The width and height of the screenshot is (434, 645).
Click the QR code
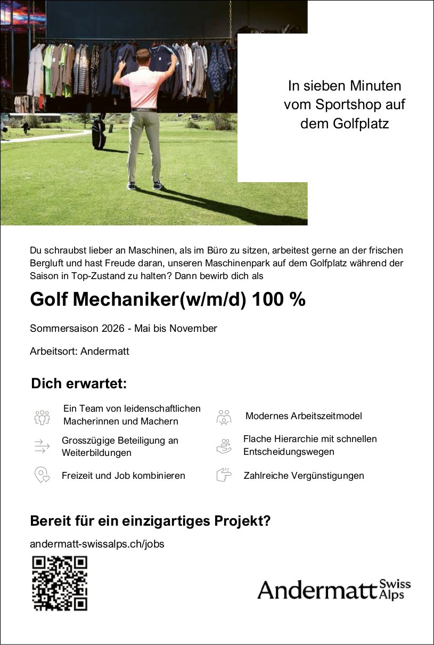(x=60, y=583)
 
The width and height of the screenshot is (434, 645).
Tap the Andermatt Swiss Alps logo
(x=334, y=590)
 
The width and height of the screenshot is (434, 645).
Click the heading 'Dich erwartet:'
(x=79, y=383)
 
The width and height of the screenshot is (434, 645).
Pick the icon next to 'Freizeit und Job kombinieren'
(x=42, y=475)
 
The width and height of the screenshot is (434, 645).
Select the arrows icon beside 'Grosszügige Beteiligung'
(x=42, y=446)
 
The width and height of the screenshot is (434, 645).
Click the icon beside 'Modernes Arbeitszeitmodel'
(x=224, y=417)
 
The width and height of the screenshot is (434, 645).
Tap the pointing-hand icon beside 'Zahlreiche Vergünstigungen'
(x=224, y=475)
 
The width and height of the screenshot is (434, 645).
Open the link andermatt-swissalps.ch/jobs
(x=97, y=544)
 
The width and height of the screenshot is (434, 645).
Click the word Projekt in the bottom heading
(x=236, y=520)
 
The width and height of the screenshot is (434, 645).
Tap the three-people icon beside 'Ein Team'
(x=42, y=417)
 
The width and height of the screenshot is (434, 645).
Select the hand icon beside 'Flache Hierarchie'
(x=224, y=446)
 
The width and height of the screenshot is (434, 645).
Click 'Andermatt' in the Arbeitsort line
(x=105, y=352)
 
